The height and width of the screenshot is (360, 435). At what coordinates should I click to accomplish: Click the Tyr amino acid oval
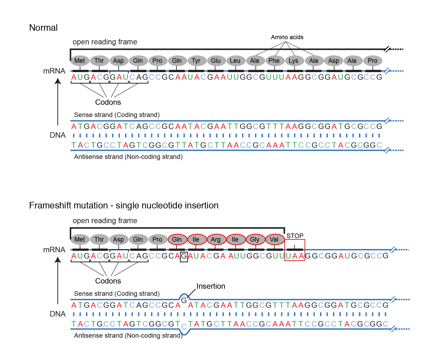pyautogui.click(x=196, y=61)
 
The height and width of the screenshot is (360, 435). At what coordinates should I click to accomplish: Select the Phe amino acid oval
pyautogui.click(x=274, y=61)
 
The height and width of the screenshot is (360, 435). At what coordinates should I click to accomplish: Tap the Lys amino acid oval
pyautogui.click(x=294, y=61)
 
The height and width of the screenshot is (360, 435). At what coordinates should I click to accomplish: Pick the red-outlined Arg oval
pyautogui.click(x=216, y=239)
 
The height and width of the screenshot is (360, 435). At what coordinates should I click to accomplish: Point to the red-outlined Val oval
pyautogui.click(x=274, y=239)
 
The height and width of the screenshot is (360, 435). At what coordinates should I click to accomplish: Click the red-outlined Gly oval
pyautogui.click(x=255, y=239)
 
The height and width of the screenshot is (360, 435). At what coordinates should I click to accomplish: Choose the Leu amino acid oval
pyautogui.click(x=235, y=61)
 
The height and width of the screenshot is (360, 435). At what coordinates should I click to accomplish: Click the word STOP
pyautogui.click(x=295, y=236)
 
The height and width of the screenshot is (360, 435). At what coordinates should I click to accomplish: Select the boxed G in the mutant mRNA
pyautogui.click(x=184, y=256)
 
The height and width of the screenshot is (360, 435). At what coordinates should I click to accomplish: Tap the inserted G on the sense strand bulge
pyautogui.click(x=184, y=300)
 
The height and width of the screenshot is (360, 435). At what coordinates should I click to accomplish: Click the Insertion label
pyautogui.click(x=211, y=286)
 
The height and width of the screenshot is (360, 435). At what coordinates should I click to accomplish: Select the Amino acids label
pyautogui.click(x=287, y=37)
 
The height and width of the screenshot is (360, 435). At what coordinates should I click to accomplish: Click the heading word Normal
pyautogui.click(x=43, y=28)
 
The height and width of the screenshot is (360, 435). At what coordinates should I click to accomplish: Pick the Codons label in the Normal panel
pyautogui.click(x=108, y=102)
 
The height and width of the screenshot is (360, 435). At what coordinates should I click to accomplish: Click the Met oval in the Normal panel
pyautogui.click(x=80, y=61)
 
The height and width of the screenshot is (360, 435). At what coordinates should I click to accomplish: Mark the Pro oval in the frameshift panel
pyautogui.click(x=157, y=239)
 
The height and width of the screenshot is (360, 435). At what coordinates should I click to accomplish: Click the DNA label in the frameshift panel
pyautogui.click(x=58, y=314)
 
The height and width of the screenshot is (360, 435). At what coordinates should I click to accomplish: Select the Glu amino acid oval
pyautogui.click(x=216, y=61)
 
